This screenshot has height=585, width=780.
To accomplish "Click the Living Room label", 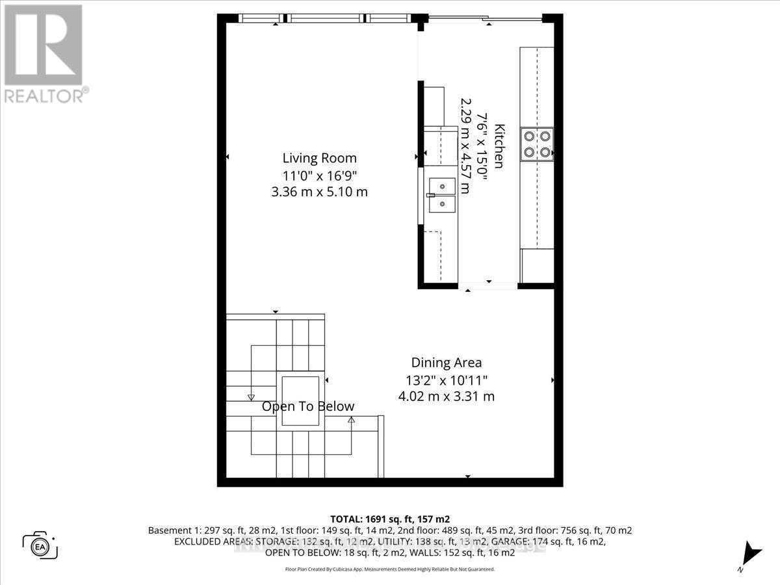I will (319, 158).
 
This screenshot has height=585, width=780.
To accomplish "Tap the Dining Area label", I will (446, 363).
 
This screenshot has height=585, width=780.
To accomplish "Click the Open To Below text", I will (308, 407).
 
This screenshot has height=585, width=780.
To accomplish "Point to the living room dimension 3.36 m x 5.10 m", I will (319, 192).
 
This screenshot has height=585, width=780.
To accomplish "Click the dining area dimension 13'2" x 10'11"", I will (446, 380).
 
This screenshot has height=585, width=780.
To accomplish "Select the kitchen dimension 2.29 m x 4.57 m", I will (465, 146).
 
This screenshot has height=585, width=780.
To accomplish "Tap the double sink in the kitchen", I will (441, 196).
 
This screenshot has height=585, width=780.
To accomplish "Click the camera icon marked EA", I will (40, 544).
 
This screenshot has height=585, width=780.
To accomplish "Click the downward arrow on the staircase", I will (251, 396).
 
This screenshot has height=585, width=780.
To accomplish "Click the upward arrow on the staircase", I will (351, 420).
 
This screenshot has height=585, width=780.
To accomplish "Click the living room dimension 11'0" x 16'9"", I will (319, 175).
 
